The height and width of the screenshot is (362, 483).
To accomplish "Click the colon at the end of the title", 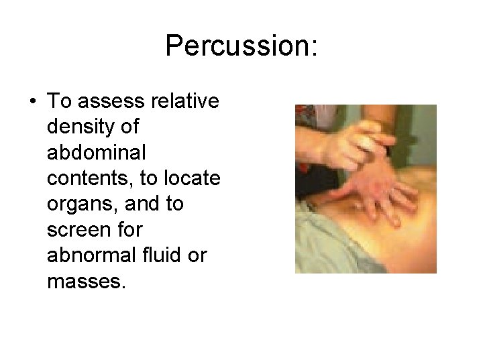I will pyautogui.click(x=313, y=47).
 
